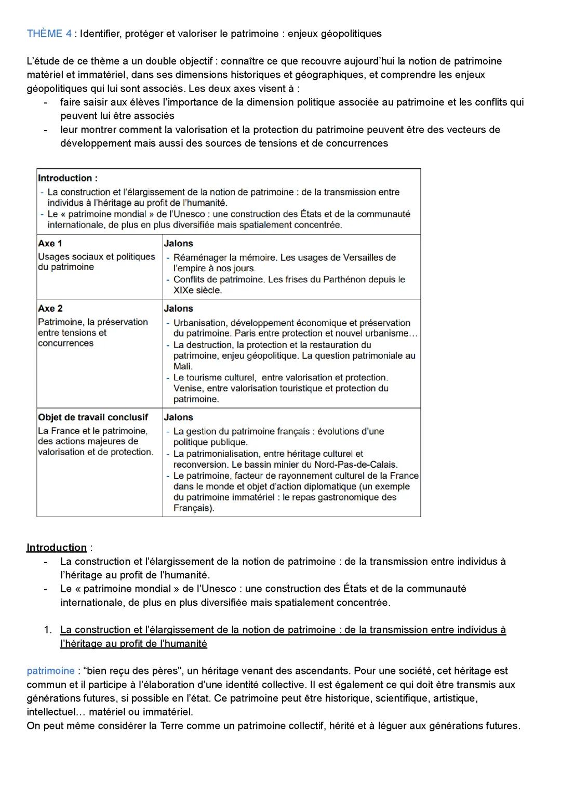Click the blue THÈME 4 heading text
click(49, 34)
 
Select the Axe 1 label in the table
click(50, 243)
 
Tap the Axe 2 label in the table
click(50, 308)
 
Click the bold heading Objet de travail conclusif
click(93, 417)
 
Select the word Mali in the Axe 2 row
click(182, 366)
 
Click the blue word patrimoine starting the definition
click(50, 671)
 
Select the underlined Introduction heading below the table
click(57, 547)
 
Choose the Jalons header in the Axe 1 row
click(178, 243)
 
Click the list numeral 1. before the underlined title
click(47, 630)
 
